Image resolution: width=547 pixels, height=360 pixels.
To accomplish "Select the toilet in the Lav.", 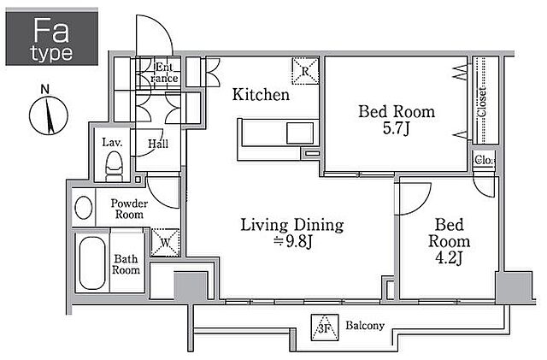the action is coord(115,167).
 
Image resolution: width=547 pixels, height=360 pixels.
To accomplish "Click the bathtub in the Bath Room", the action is coord(92,263).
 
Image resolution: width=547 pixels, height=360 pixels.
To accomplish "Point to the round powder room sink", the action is coord(84,208).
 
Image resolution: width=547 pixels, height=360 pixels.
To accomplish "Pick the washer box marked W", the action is coord(165,242).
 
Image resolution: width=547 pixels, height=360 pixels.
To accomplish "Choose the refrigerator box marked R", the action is coord(305,71).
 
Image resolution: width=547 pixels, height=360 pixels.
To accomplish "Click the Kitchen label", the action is coord(261,95).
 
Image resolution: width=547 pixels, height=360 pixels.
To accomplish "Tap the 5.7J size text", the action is coord(396,128).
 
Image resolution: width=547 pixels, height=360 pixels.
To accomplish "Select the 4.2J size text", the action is coord(449,258).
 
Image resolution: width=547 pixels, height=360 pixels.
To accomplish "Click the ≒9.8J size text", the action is coord(292,242).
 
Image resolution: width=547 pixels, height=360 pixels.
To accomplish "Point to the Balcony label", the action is coord(365,326).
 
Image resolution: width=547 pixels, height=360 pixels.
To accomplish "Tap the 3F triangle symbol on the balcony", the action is coord(325,328).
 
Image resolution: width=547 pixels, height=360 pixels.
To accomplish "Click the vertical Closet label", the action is coord(482,102).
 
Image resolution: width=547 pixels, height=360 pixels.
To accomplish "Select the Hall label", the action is coord(158,144).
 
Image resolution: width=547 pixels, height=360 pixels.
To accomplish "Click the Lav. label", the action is coord(112,142).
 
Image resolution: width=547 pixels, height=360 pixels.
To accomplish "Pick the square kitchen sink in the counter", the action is coord(300,133).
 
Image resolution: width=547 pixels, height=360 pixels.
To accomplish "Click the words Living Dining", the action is coord(292,225).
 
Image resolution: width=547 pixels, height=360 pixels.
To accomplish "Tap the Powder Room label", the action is coord(129,209).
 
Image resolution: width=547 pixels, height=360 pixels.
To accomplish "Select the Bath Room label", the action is coord(126,264).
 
